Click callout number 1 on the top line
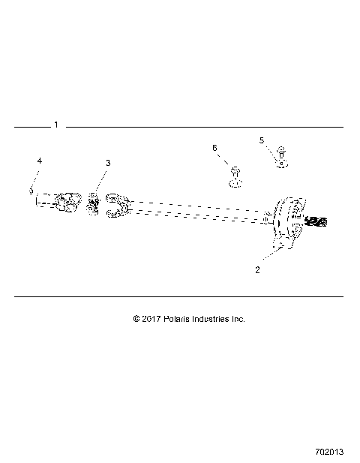pyautogui.click(x=56, y=125)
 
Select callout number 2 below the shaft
pyautogui.click(x=257, y=270)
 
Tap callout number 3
pyautogui.click(x=107, y=163)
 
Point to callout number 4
pyautogui.click(x=40, y=161)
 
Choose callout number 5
pyautogui.click(x=262, y=140)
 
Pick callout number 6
pyautogui.click(x=214, y=149)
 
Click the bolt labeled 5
pyautogui.click(x=281, y=156)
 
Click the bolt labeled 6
pyautogui.click(x=235, y=177)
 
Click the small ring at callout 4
pyautogui.click(x=31, y=191)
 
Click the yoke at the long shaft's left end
pyautogui.click(x=120, y=208)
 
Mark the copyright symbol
pyautogui.click(x=136, y=319)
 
